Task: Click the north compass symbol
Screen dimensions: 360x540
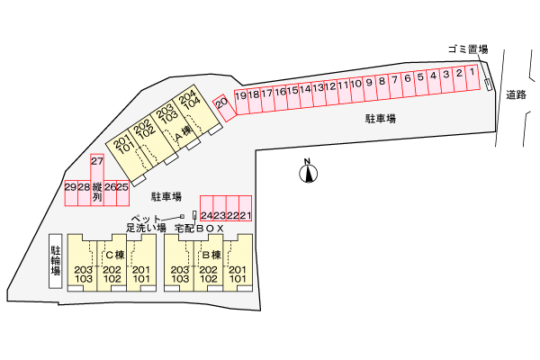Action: pos(308,171)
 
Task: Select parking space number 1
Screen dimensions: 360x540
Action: pos(472,76)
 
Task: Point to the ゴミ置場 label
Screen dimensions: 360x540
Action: pos(467,49)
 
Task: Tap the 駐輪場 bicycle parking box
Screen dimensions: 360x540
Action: pos(56,261)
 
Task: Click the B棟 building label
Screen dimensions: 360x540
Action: pos(210,255)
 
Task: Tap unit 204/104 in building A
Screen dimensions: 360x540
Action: pos(188,101)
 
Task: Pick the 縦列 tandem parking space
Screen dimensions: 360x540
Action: pos(97,192)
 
